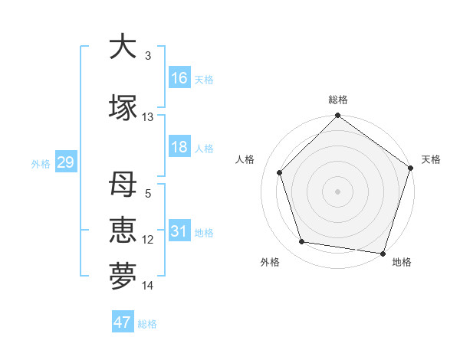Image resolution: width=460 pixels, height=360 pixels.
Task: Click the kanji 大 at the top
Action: pos(123,47)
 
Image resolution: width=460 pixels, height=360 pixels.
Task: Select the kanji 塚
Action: pos(123,108)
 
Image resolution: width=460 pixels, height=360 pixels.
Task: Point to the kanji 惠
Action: pos(123,231)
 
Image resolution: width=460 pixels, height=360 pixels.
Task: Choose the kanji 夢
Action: pos(123,277)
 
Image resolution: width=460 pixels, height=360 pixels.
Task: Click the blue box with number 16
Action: pos(179,78)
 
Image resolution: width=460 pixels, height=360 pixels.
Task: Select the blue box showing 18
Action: pos(179,147)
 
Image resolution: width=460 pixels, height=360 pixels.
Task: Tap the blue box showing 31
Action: pos(179,231)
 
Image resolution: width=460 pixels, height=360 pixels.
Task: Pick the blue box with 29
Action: pos(65,162)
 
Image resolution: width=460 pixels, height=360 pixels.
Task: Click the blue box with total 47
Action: pos(123,322)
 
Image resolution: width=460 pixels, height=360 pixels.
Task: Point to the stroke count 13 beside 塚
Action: pos(148,117)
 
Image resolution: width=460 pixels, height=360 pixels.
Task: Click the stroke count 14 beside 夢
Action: pos(148,286)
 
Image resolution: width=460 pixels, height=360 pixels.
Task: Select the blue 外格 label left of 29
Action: pos(41,163)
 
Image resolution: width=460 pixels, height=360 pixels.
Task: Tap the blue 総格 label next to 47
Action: pos(147,324)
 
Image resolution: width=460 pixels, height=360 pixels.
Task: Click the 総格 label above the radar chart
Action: pos(337,100)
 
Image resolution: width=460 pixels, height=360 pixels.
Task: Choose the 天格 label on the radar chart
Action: pos(431,159)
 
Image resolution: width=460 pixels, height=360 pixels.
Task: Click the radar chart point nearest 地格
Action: pos(383,253)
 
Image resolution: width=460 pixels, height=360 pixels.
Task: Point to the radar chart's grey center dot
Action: pos(337,191)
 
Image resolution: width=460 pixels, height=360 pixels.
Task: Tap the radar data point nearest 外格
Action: pos(302,242)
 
